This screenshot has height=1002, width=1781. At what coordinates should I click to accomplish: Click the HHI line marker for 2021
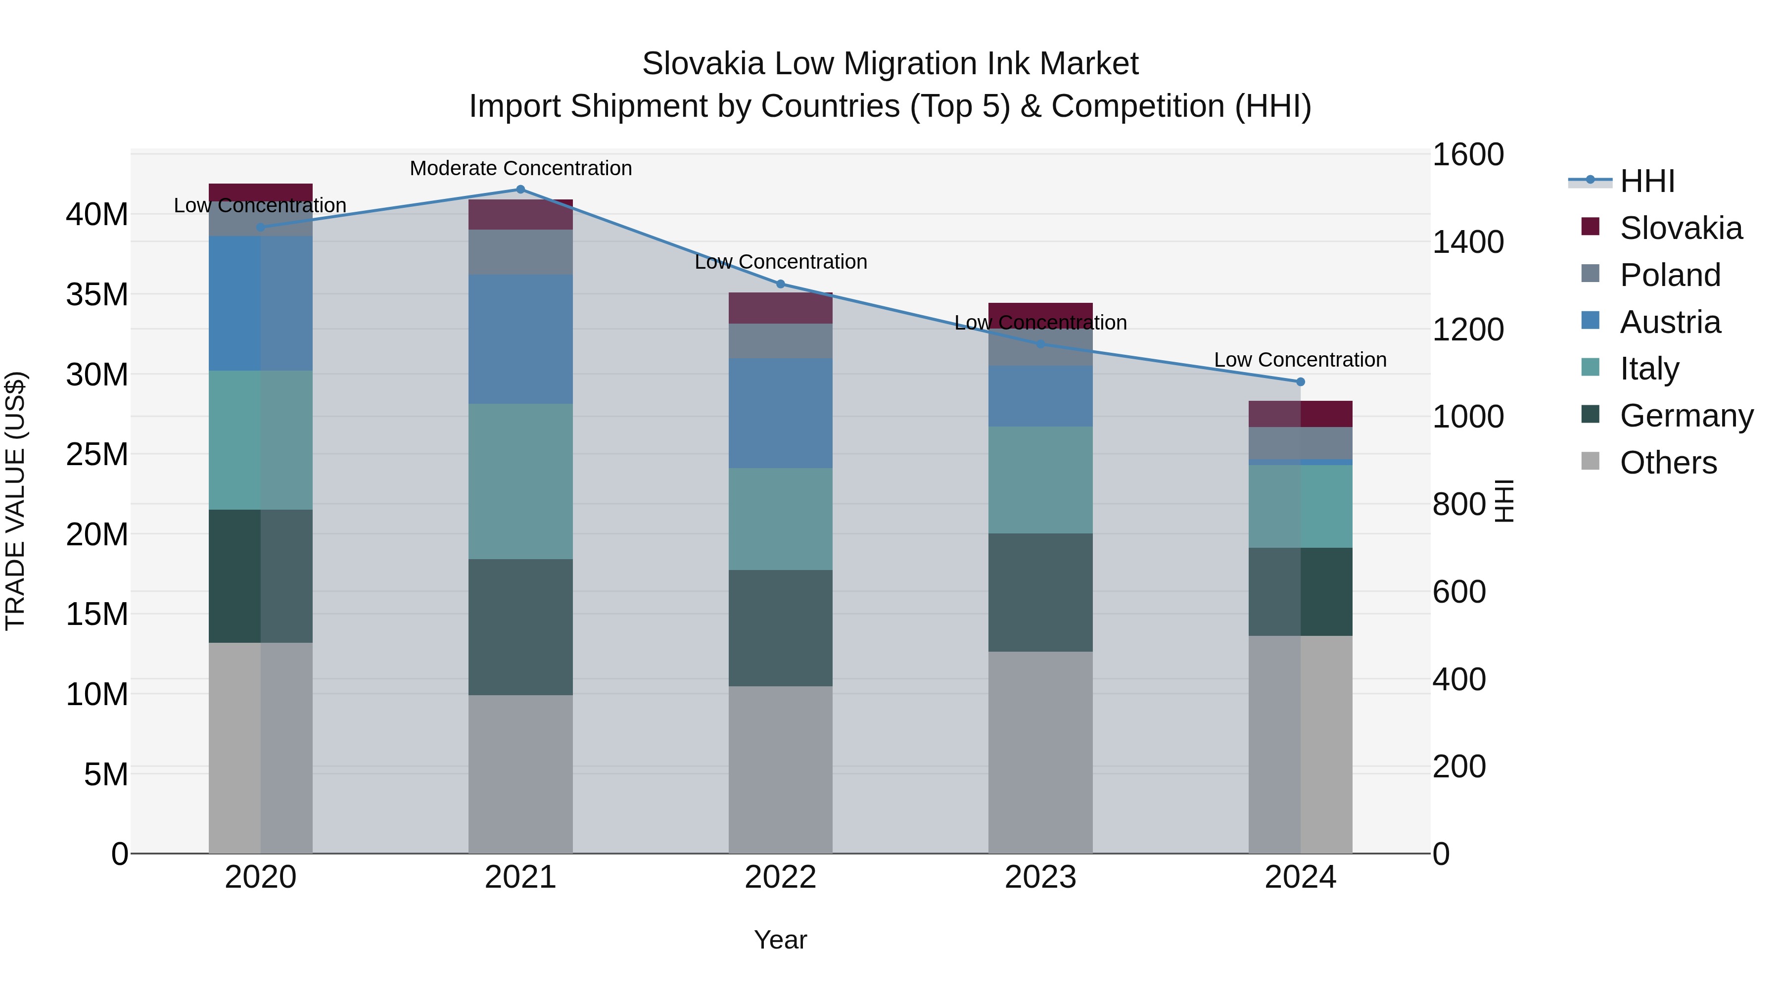520,190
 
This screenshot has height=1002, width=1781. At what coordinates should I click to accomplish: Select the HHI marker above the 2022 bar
781,284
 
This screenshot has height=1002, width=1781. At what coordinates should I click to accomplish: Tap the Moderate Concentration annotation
520,169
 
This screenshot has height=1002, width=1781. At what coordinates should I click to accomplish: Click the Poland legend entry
1670,275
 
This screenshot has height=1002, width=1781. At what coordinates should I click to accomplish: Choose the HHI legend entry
1647,181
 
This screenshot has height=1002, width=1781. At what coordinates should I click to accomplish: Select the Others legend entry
1668,463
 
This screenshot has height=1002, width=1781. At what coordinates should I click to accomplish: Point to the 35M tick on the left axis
97,294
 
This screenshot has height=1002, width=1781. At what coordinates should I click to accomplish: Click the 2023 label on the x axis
1040,877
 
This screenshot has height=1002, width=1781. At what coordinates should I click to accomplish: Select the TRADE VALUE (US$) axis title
16,501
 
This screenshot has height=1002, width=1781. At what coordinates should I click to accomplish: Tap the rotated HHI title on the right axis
1504,501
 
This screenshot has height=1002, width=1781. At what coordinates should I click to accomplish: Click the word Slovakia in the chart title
703,64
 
